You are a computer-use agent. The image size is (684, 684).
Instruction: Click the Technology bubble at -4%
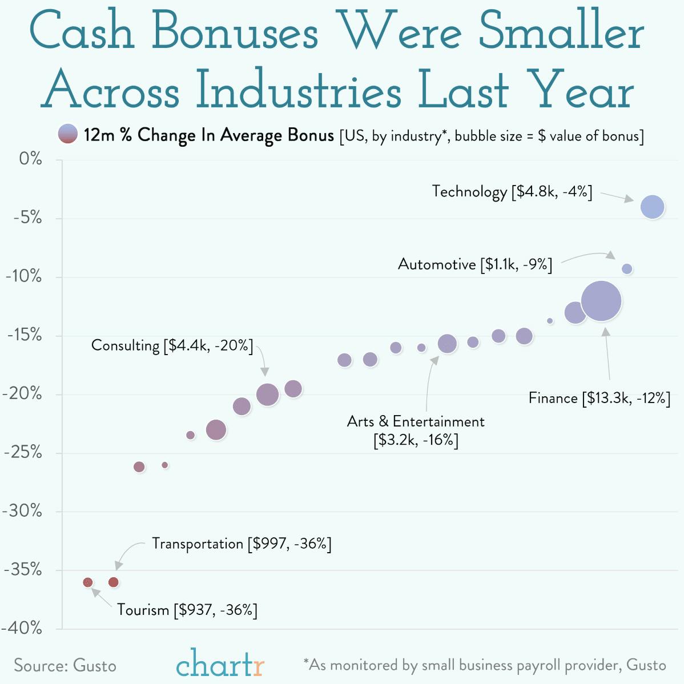coord(653,207)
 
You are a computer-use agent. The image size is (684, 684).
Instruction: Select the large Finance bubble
coord(601,301)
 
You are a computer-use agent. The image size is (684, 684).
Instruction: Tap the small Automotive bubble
coord(627,269)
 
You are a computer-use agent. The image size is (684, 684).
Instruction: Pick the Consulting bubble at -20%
coord(267,395)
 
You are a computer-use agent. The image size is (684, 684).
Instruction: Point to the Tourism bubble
coord(87,582)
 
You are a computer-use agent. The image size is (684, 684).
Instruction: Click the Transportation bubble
coord(113,582)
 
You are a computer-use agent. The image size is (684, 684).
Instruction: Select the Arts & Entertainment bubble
coord(447,344)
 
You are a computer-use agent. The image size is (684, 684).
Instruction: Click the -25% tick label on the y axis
coord(23,453)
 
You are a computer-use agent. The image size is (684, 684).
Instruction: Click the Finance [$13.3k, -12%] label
coord(599,398)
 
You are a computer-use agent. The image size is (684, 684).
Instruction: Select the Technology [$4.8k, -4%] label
coord(512,191)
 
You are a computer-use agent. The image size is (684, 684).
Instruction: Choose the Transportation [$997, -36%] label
coord(242,544)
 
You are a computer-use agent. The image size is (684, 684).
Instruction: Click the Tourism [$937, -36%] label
coord(187,610)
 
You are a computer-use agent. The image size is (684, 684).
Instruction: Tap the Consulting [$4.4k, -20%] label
coord(172,345)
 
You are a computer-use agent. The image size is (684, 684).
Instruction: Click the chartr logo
coord(220,664)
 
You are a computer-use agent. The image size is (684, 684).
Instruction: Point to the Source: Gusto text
coord(65,666)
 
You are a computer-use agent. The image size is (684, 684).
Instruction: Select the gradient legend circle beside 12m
coord(68,134)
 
